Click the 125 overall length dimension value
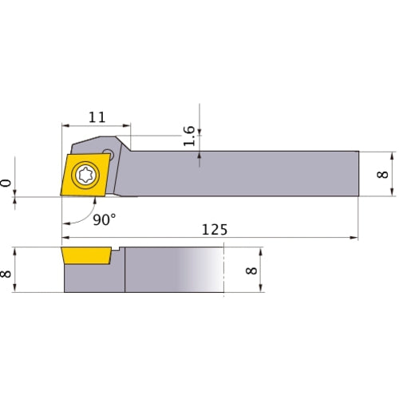[214, 229]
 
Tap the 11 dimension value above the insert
[97, 117]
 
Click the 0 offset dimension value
[8, 184]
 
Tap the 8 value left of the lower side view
[8, 272]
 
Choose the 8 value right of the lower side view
[252, 272]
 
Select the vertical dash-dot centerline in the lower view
[225, 271]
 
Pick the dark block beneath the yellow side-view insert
[92, 279]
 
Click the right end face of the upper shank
[358, 172]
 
